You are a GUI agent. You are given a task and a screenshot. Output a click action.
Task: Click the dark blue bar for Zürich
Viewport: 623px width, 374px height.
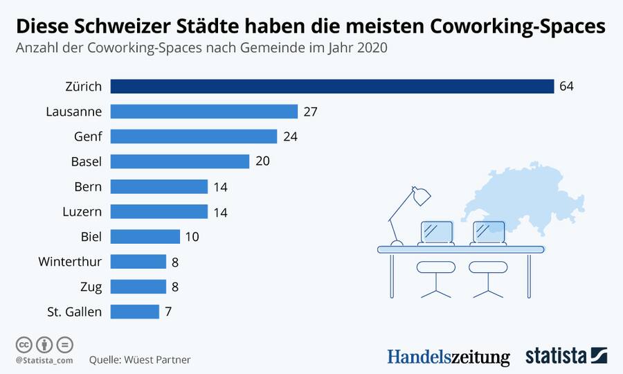(332, 87)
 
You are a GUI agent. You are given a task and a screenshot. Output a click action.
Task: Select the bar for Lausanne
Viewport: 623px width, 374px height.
(204, 112)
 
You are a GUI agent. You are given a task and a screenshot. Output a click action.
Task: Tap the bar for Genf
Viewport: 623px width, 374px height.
(194, 136)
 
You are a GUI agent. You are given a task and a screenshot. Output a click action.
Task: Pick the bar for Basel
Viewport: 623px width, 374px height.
(180, 161)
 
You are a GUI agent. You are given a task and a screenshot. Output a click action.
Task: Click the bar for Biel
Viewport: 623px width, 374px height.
(145, 237)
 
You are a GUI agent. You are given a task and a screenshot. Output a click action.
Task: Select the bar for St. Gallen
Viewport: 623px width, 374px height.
(135, 312)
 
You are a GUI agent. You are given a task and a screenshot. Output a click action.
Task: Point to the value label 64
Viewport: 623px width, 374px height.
(567, 87)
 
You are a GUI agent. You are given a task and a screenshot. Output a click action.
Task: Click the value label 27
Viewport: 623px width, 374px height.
(309, 112)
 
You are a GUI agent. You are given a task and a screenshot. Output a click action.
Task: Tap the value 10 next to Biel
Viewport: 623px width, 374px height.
(192, 237)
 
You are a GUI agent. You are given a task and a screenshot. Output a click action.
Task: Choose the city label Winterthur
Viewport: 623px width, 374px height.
(71, 262)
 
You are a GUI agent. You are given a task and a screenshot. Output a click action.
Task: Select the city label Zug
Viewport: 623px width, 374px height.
(90, 287)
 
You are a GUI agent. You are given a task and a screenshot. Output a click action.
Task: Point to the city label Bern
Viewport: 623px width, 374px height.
(88, 187)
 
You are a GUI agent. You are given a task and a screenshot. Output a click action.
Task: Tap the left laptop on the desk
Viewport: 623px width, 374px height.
(436, 232)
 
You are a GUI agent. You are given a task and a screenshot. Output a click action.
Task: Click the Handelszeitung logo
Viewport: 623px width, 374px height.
(449, 357)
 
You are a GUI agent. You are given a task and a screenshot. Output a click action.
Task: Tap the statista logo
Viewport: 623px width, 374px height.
(566, 356)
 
